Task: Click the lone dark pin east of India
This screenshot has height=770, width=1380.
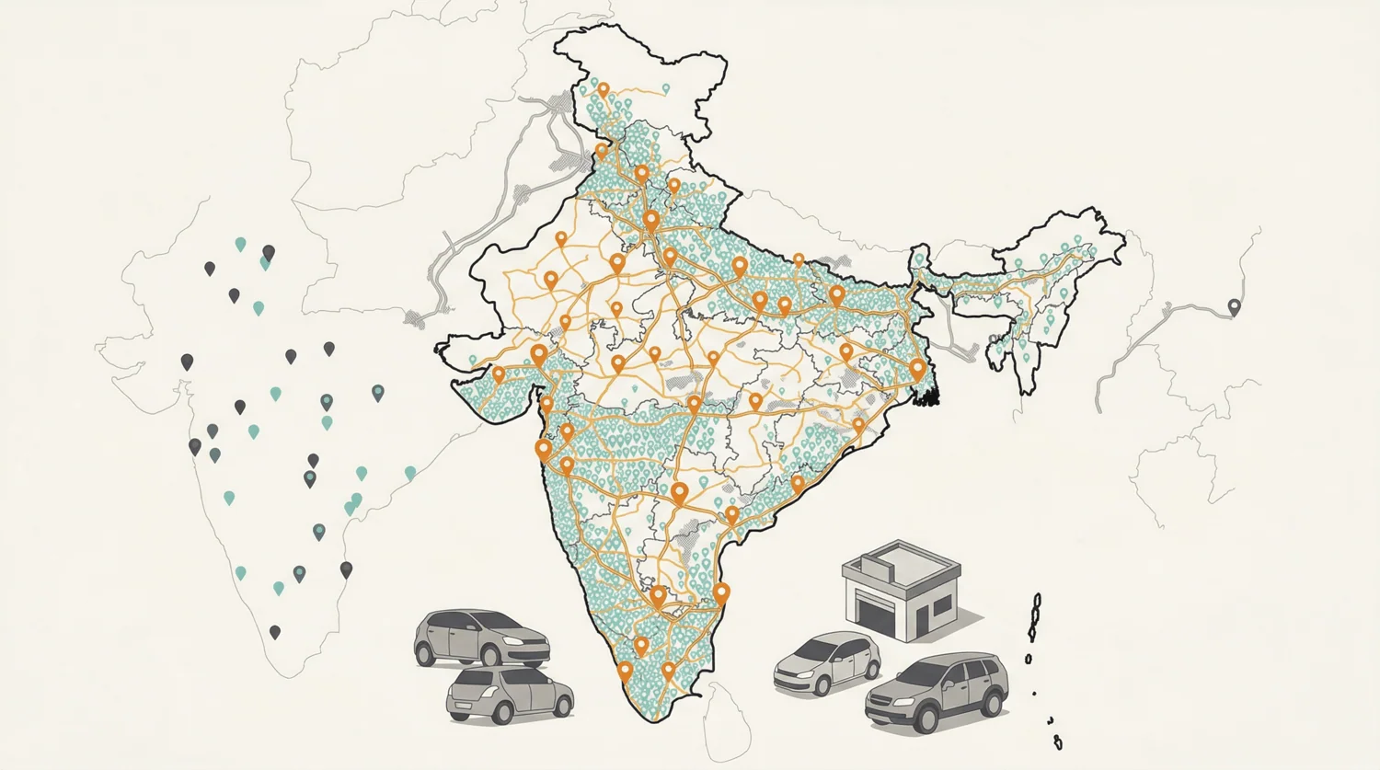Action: pyautogui.click(x=1235, y=306)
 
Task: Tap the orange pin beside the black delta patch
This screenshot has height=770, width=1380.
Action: pyautogui.click(x=916, y=369)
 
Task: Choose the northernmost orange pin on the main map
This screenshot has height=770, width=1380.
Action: pyautogui.click(x=604, y=90)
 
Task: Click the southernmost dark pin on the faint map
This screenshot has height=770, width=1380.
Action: pyautogui.click(x=274, y=632)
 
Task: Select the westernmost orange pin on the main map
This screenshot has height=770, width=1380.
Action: pyautogui.click(x=499, y=374)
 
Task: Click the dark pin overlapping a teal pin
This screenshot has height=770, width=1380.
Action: pyautogui.click(x=268, y=253)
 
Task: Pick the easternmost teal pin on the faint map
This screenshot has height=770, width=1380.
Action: pyautogui.click(x=410, y=473)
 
